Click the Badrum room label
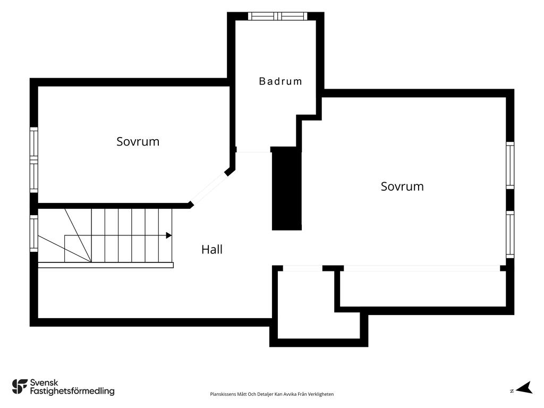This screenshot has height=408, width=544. (x=280, y=81)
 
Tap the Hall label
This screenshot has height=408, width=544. (x=211, y=250)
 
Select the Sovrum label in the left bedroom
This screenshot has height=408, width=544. (x=138, y=141)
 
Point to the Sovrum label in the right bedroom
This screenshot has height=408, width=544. (x=402, y=186)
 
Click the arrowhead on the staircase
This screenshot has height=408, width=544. (x=169, y=235)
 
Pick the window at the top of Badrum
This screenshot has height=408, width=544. (x=277, y=16)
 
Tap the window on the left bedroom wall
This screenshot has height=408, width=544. (x=33, y=159)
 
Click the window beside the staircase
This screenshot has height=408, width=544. (x=33, y=234)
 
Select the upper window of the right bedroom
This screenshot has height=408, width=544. (x=510, y=165)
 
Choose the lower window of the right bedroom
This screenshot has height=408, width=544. (x=510, y=234)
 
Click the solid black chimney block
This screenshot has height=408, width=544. (x=286, y=189)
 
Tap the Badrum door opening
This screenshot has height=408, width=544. (x=253, y=150)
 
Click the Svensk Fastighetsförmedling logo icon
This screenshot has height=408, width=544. (x=20, y=387)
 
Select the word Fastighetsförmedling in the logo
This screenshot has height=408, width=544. (x=72, y=392)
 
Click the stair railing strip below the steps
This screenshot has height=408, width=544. (x=106, y=266)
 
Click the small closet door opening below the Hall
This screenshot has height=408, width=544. (x=303, y=268)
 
